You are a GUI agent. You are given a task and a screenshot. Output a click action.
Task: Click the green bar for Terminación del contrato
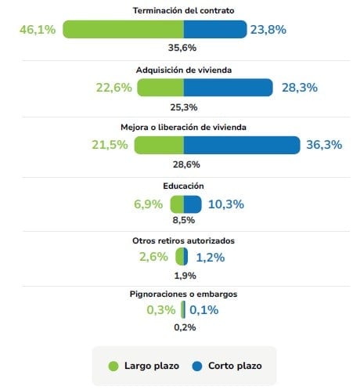pyautogui.click(x=123, y=30)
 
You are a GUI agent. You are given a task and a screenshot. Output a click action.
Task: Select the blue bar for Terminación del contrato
pyautogui.click(x=214, y=30)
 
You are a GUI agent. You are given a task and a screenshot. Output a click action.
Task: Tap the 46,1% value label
pyautogui.click(x=37, y=30)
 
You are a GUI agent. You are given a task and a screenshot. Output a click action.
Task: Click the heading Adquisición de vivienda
pyautogui.click(x=183, y=70)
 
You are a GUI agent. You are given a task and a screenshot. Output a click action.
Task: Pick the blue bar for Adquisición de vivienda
pyautogui.click(x=228, y=88)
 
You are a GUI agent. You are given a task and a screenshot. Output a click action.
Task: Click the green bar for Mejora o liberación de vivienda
pyautogui.click(x=159, y=146)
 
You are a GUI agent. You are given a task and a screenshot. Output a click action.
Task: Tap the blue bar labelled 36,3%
pyautogui.click(x=242, y=146)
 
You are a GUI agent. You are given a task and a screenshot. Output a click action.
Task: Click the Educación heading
pyautogui.click(x=184, y=186)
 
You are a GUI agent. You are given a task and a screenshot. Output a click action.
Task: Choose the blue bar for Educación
pyautogui.click(x=193, y=204)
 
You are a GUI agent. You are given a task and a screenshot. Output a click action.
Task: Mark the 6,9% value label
pyautogui.click(x=149, y=204)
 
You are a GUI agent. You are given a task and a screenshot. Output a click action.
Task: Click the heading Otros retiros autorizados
pyautogui.click(x=184, y=240)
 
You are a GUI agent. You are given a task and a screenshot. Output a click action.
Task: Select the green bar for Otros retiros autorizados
pyautogui.click(x=180, y=257)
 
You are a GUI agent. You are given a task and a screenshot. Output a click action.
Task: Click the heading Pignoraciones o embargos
pyautogui.click(x=184, y=294)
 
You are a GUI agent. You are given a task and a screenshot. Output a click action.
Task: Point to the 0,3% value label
pyautogui.click(x=160, y=310)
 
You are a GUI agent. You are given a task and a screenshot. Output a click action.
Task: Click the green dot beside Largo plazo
pyautogui.click(x=113, y=366)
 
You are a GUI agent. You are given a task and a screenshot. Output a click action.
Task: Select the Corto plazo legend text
pyautogui.click(x=235, y=366)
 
